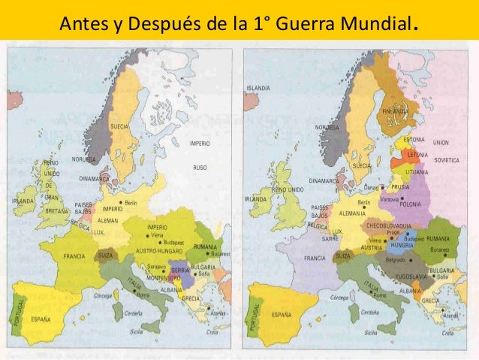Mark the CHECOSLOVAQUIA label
[389, 224]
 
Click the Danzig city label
[372, 186]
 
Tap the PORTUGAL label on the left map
[22, 309]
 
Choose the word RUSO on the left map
[199, 168]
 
